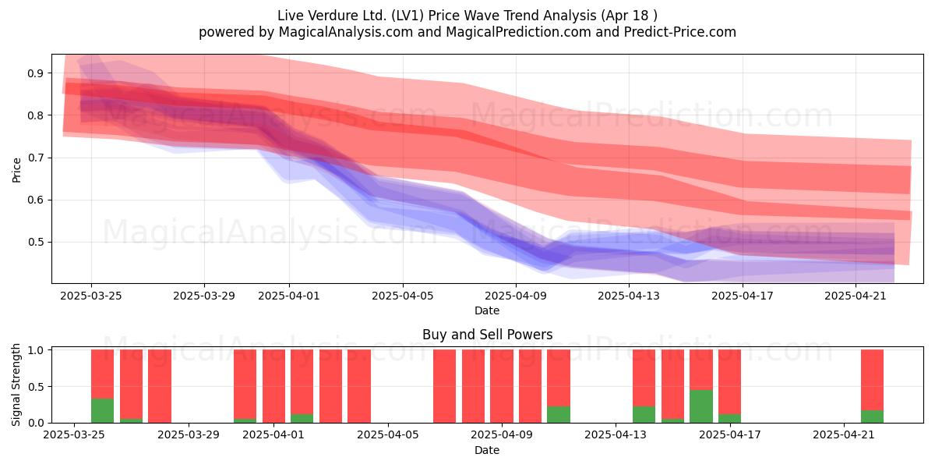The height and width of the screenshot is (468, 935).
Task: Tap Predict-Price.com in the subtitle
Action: tap(680, 32)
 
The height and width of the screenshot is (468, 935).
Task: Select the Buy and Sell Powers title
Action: tap(487, 335)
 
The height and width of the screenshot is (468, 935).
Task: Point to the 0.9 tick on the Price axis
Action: tap(35, 73)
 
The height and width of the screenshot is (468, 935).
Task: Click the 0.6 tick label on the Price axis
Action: tap(35, 200)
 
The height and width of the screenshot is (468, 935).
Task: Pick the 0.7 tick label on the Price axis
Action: tap(35, 158)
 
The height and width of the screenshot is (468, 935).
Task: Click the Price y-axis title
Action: tap(16, 170)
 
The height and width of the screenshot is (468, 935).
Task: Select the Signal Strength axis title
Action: tap(16, 385)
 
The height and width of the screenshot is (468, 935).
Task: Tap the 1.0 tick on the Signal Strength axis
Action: tap(35, 350)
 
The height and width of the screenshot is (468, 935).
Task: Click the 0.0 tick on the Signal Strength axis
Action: tap(35, 423)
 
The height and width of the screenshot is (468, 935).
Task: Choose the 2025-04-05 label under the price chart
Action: tap(403, 296)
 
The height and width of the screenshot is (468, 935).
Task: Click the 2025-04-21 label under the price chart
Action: tap(856, 296)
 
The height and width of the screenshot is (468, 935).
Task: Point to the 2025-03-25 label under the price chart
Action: tap(91, 296)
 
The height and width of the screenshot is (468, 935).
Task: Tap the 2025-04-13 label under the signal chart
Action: tap(616, 434)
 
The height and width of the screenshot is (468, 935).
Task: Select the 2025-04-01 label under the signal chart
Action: tap(273, 434)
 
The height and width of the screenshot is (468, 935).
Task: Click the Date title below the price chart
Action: tap(487, 310)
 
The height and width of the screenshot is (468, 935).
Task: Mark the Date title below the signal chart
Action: tap(487, 450)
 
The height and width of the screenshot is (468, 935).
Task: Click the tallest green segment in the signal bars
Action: tap(701, 406)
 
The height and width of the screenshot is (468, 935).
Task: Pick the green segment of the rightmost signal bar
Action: tap(873, 417)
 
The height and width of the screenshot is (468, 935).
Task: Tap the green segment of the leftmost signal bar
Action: tap(102, 411)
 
